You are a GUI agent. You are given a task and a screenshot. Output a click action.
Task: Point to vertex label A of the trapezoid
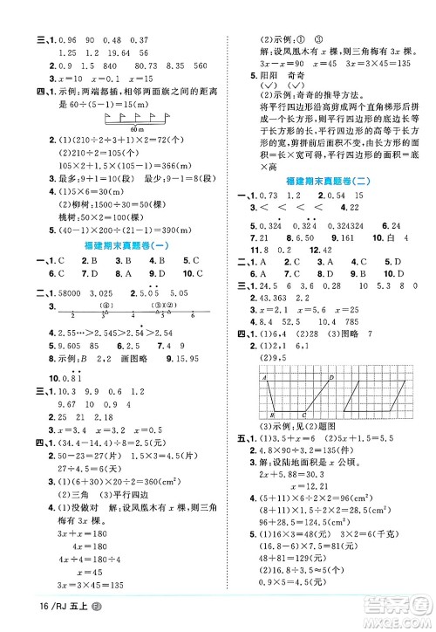click(x=262, y=355)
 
